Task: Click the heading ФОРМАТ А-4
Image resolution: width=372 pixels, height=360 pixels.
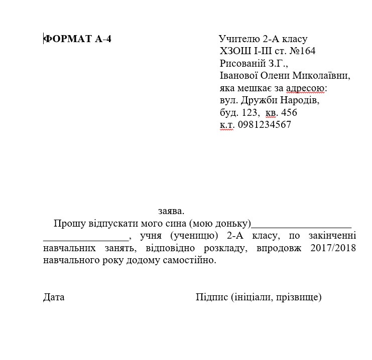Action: pyautogui.click(x=77, y=39)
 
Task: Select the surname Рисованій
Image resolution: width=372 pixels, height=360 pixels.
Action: pyautogui.click(x=244, y=63)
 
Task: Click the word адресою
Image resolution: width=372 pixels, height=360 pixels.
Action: pyautogui.click(x=306, y=88)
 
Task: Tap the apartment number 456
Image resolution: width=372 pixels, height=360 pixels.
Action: pyautogui.click(x=289, y=113)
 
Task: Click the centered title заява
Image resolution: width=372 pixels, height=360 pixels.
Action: pyautogui.click(x=171, y=211)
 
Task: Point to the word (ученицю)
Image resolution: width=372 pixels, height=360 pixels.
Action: pyautogui.click(x=193, y=236)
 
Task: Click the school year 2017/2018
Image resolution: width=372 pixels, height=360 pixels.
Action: pyautogui.click(x=333, y=248)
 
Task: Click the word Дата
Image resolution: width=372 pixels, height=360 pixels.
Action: pyautogui.click(x=54, y=297)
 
